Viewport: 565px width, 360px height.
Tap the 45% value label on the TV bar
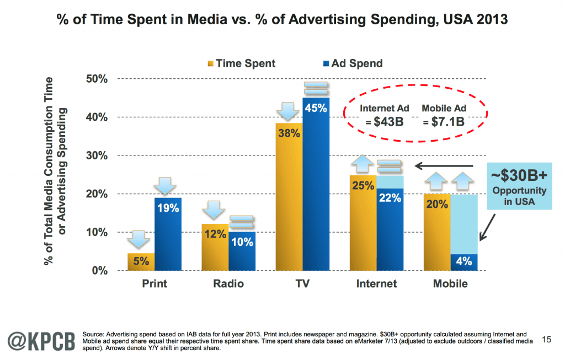(x=316, y=109)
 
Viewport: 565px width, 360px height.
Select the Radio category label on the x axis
(x=228, y=284)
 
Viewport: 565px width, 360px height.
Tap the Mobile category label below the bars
(x=450, y=284)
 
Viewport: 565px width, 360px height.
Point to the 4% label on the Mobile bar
(x=463, y=262)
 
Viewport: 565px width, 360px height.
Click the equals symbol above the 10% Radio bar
(x=242, y=222)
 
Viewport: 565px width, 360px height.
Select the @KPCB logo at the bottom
(x=40, y=338)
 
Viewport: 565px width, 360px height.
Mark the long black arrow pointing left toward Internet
(x=444, y=165)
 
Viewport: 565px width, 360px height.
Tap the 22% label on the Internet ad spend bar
(x=390, y=198)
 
